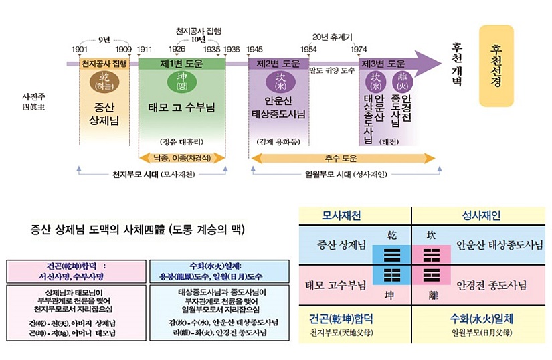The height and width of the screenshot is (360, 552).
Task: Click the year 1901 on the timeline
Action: pos(80,50)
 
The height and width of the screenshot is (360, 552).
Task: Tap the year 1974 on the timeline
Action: pos(358,50)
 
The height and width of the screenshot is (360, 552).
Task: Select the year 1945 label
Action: pos(254,50)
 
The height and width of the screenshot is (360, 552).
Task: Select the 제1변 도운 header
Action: pos(181,64)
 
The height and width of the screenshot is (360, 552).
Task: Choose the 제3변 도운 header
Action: pos(383,64)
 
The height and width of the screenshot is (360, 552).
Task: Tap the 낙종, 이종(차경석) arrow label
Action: pos(182,159)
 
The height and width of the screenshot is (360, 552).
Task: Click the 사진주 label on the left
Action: pos(33,96)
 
